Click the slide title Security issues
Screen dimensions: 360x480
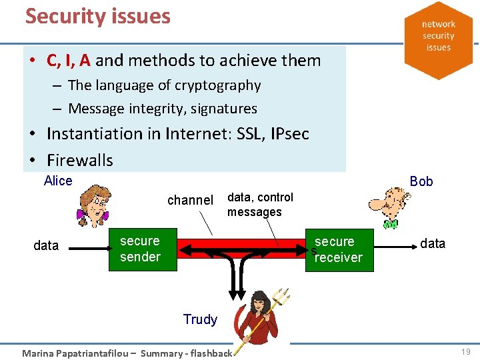point(98,16)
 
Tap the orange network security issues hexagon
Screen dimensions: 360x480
point(438,37)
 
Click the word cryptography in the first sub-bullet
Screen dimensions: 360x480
point(216,85)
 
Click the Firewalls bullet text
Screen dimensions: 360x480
point(80,160)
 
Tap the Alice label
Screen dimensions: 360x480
point(58,181)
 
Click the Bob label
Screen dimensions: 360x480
point(421,181)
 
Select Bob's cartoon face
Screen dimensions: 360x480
point(387,203)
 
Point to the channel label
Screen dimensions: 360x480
point(190,200)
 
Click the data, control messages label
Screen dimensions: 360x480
point(259,205)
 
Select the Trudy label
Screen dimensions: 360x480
point(200,319)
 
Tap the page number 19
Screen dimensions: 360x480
point(466,351)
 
